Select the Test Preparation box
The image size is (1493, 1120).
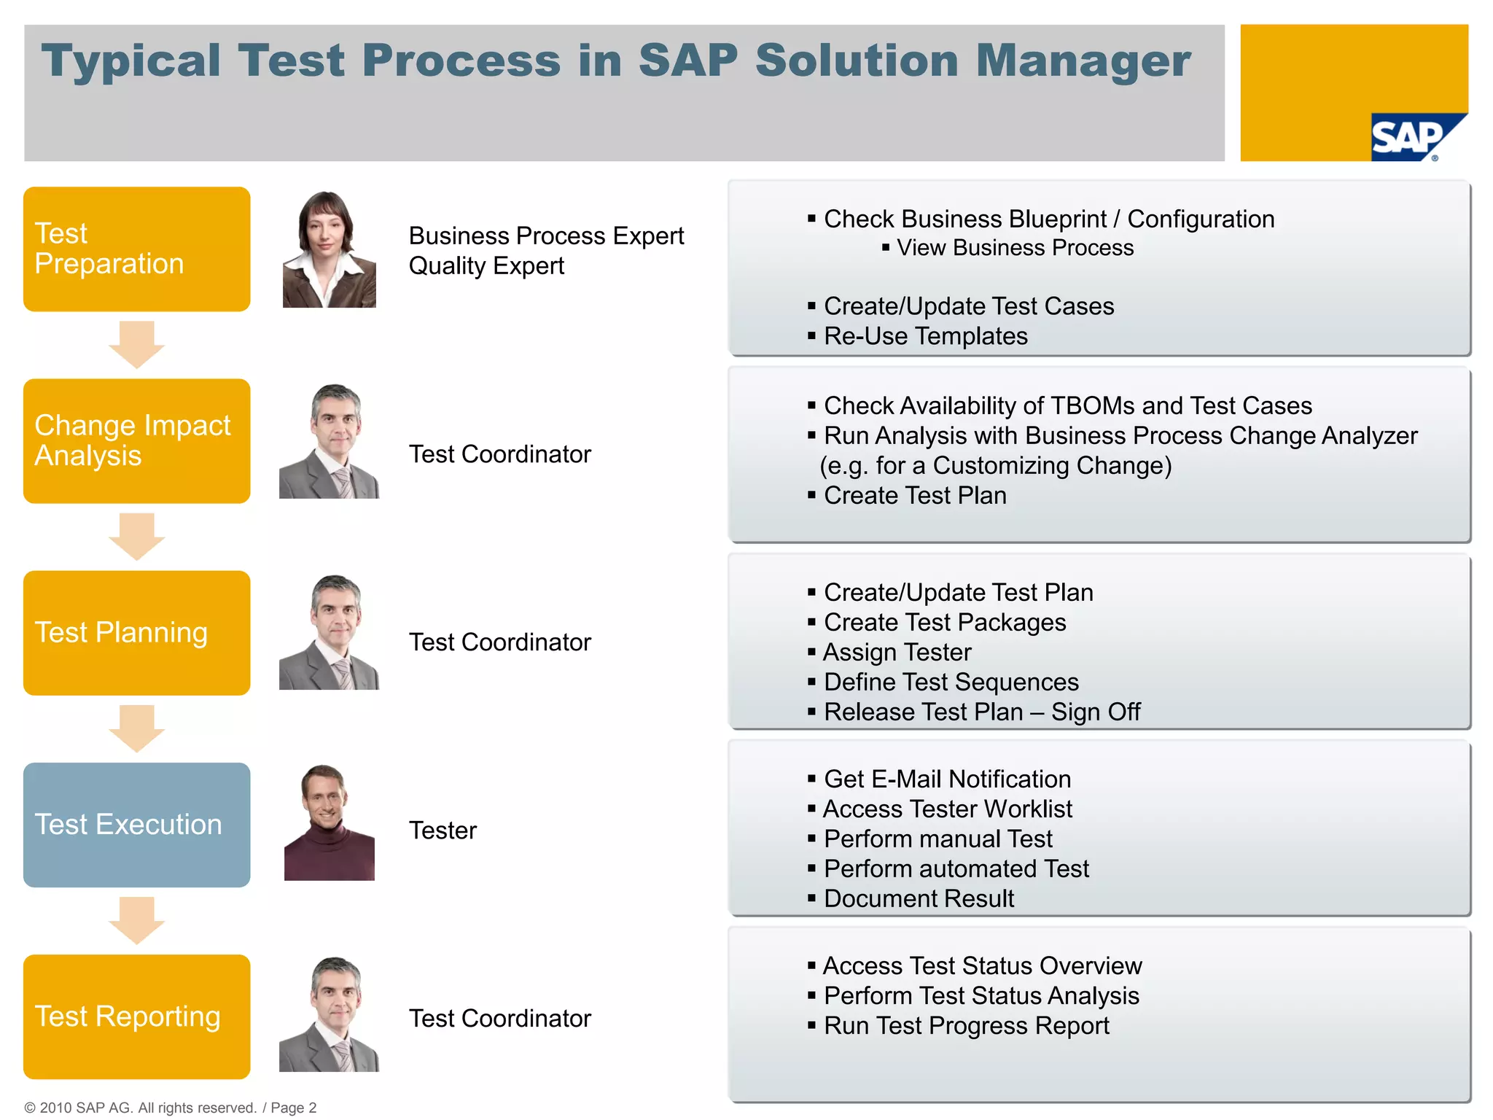pos(137,249)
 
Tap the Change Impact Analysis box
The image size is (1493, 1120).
pos(137,441)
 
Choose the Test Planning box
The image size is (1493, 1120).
pos(137,633)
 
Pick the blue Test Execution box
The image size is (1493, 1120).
pos(137,825)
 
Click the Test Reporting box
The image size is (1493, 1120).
pos(137,1016)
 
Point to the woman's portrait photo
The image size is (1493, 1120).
pos(329,249)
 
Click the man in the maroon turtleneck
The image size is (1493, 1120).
pos(329,822)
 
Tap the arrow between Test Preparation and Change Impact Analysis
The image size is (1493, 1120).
pos(137,345)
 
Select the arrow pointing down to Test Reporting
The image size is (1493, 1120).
pos(137,920)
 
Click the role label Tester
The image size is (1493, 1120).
pos(443,831)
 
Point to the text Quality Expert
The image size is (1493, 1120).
pos(486,266)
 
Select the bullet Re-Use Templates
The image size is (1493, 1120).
pos(925,336)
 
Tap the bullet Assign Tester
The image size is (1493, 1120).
pos(897,652)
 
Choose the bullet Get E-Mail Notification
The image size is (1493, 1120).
pos(947,779)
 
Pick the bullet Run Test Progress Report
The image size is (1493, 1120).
pos(966,1026)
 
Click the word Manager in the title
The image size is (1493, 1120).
pos(1083,61)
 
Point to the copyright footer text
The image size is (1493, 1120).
pos(171,1108)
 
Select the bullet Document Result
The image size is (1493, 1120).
pos(919,899)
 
